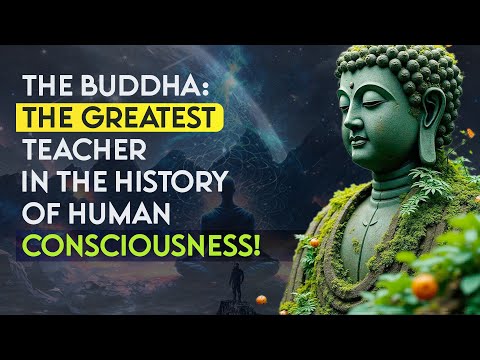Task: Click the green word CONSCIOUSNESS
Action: tap(175, 247)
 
